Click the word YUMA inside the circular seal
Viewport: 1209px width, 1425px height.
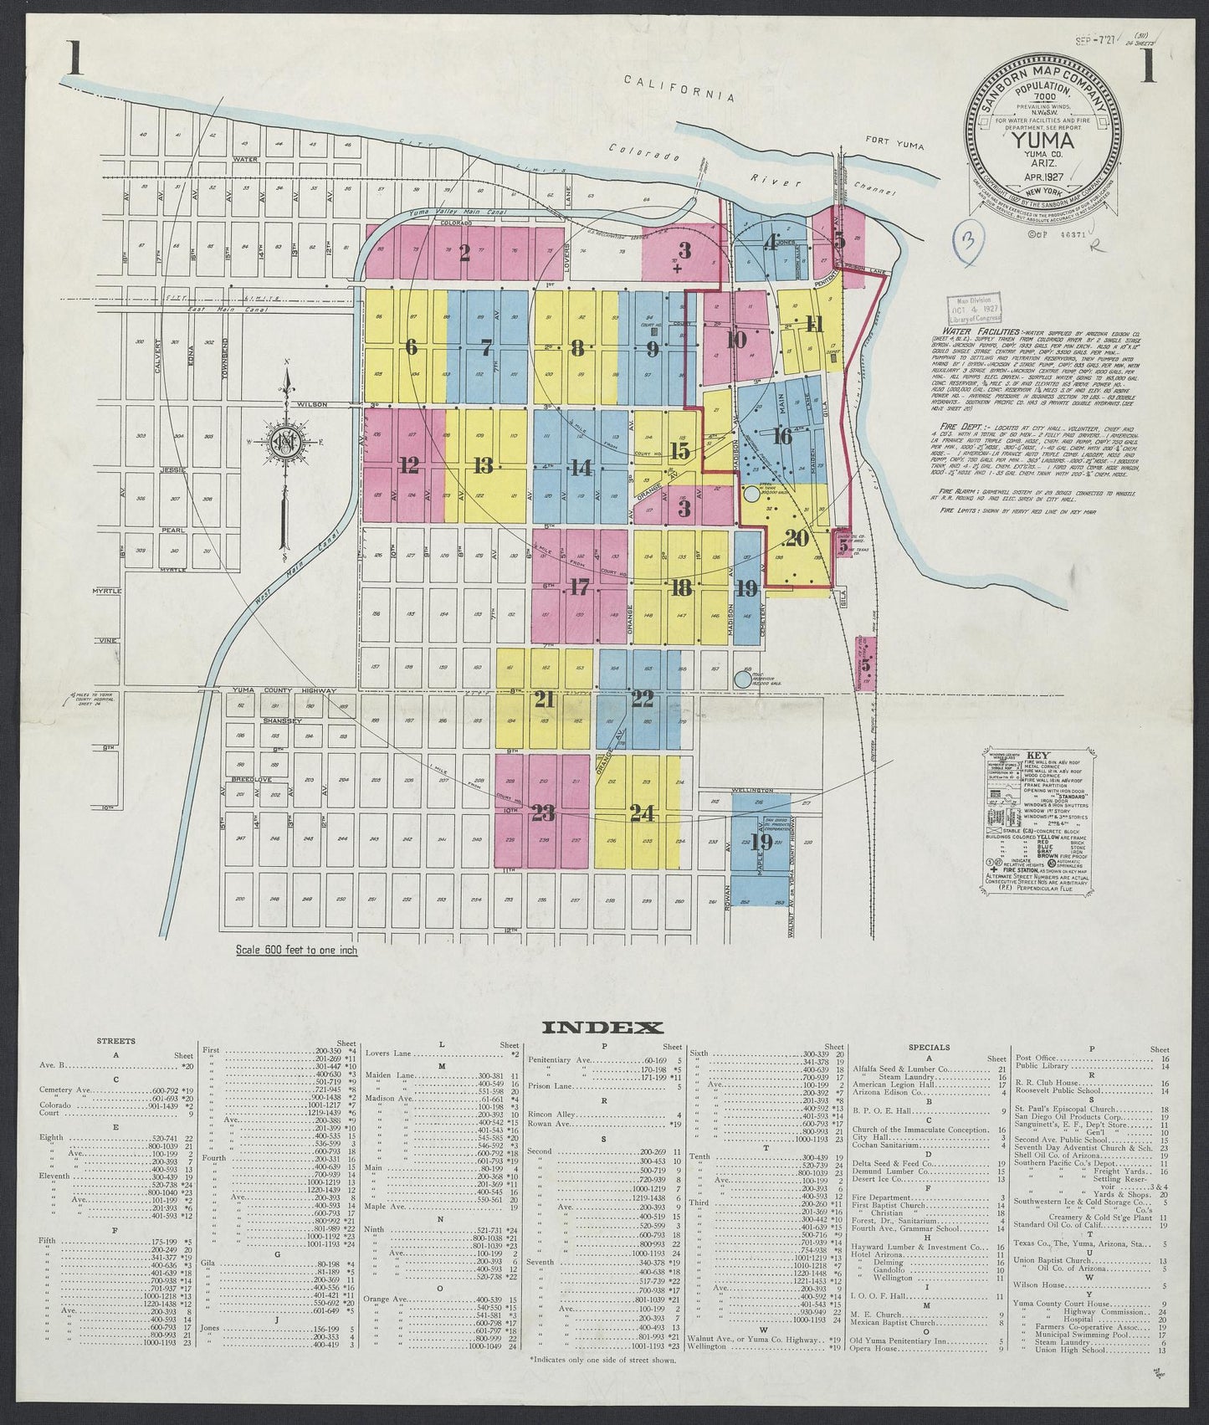(1041, 140)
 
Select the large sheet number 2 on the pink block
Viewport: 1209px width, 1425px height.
(465, 254)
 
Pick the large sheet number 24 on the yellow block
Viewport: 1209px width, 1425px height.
(643, 812)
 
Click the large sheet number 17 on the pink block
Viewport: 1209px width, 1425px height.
(580, 587)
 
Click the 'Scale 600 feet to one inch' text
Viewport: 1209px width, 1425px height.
(291, 951)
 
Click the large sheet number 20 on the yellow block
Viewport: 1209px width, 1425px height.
(796, 540)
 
